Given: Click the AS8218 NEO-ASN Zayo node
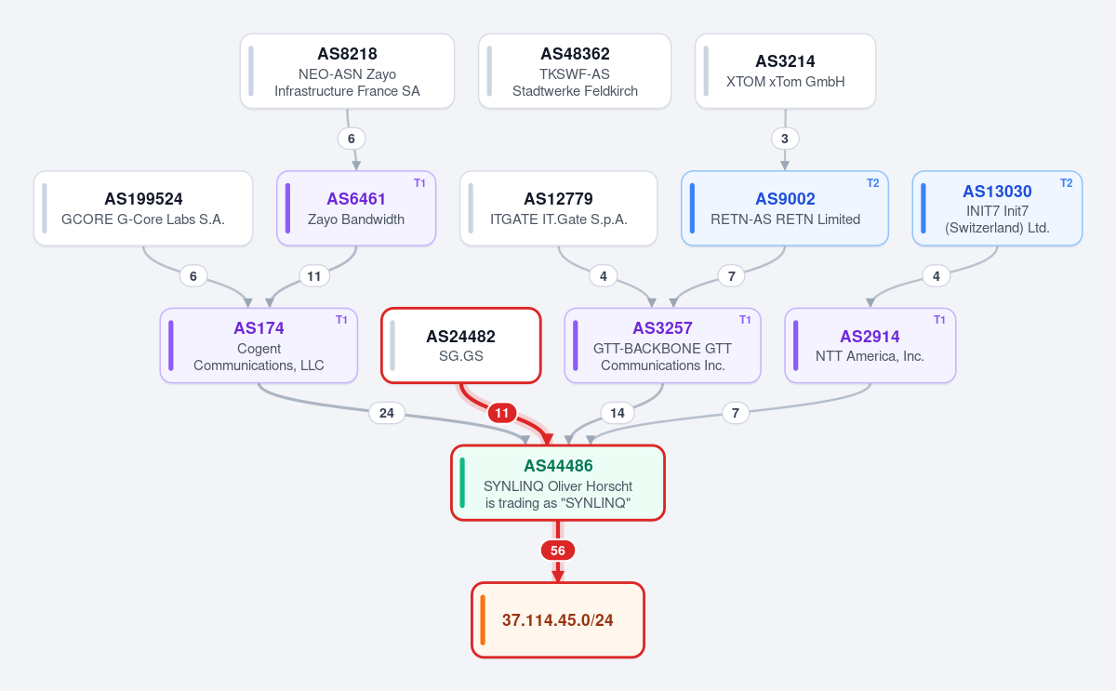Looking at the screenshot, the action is pos(347,72).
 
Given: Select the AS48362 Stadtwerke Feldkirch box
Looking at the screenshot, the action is pos(575,72).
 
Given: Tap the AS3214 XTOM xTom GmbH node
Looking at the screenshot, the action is pos(785,72).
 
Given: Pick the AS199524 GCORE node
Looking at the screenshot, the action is pos(143,208).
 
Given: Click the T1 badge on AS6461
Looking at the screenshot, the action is pos(419,183).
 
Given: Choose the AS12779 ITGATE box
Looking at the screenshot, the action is pos(559,208).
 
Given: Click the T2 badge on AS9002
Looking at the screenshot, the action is pos(873,183).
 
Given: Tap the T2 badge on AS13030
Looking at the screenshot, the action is pos(1066,183).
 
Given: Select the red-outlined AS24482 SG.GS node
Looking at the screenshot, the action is pos(461,346).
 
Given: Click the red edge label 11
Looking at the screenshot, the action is pos(501,413).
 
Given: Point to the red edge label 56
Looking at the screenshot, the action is pos(557,551).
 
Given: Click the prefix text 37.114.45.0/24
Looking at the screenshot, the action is pos(557,620).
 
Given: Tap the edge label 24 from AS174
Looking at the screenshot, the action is pos(387,413).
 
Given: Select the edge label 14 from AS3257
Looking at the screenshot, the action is pos(618,413).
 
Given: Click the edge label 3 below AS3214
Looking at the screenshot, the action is pos(785,139).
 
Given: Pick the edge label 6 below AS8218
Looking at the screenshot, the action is pos(352,139).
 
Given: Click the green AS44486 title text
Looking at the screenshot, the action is pos(558,466).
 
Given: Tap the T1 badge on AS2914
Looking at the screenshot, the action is pos(939,320).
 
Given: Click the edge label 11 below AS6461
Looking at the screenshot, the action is pos(314,276).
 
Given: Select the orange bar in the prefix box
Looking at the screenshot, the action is pos(483,620).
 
